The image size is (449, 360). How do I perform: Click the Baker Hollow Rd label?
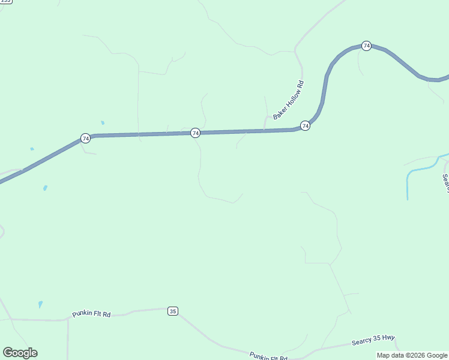coord(289,100)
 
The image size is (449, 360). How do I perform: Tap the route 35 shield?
coord(173,311)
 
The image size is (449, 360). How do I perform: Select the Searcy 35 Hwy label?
coord(373,340)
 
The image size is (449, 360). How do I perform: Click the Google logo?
coord(20,352)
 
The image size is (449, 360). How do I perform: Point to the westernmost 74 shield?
coord(86,138)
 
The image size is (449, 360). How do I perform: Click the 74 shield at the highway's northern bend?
coord(366,46)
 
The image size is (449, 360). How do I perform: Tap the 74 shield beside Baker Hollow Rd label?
coord(305,125)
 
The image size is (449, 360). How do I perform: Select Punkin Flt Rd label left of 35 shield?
coord(91,314)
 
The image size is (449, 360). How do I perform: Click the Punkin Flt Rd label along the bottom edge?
coord(268,356)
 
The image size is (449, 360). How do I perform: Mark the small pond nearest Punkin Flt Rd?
coord(40,304)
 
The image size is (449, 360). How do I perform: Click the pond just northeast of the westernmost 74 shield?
coord(103,122)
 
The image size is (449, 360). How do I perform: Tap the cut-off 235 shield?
coord(5,2)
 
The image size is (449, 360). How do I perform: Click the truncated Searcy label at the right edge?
coord(445,183)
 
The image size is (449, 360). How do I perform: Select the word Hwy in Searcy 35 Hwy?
coord(389,338)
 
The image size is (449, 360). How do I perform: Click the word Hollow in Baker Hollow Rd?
coord(289,100)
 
